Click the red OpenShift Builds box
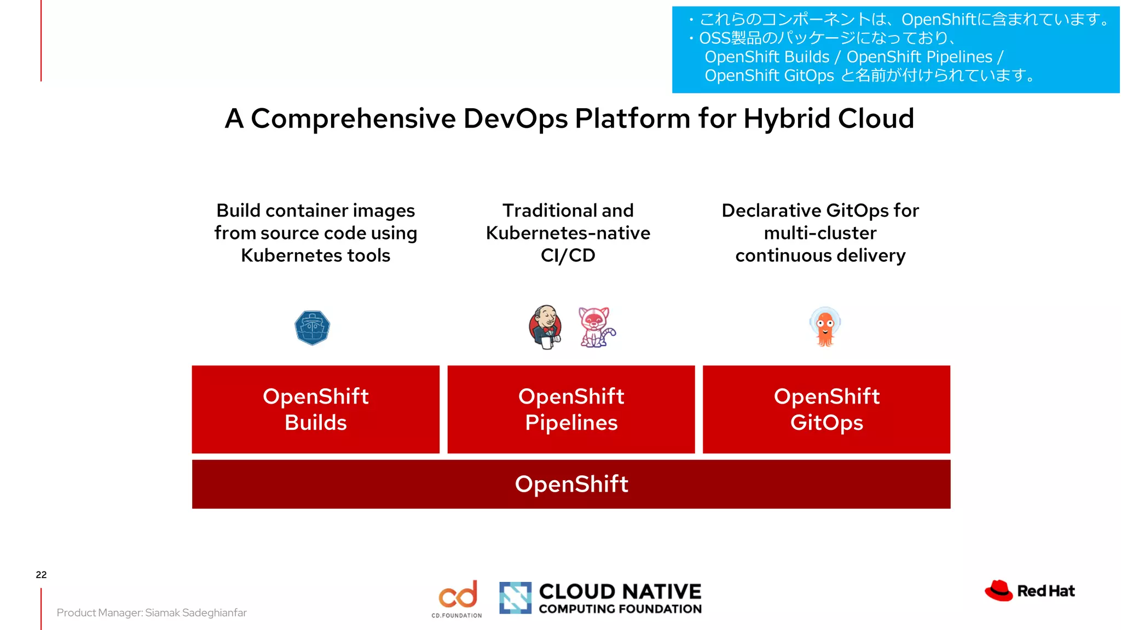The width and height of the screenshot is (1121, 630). point(315,409)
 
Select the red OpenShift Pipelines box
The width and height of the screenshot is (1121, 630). point(571,409)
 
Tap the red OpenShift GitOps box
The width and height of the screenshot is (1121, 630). point(827,409)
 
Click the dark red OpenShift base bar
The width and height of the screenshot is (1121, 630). point(571,484)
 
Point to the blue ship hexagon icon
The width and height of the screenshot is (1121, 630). point(312,328)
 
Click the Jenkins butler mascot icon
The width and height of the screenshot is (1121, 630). point(545,327)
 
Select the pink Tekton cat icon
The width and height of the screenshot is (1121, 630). point(596,327)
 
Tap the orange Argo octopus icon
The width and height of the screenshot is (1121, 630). point(825,327)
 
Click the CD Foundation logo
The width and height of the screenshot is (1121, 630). point(458,598)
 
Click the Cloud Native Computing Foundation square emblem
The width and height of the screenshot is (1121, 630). point(515,597)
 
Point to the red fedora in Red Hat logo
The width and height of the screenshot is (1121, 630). point(999,591)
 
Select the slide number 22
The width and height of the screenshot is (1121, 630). point(41,574)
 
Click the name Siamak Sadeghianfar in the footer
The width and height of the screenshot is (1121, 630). point(195,612)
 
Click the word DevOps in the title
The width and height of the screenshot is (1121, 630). point(515,119)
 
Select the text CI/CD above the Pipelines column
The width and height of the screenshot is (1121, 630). point(568,255)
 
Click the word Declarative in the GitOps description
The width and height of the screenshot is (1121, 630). point(771,211)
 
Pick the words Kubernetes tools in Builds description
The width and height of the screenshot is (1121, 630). point(315,255)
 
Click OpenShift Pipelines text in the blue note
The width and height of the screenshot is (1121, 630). point(920,57)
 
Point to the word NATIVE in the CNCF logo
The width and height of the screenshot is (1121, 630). point(662,591)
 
